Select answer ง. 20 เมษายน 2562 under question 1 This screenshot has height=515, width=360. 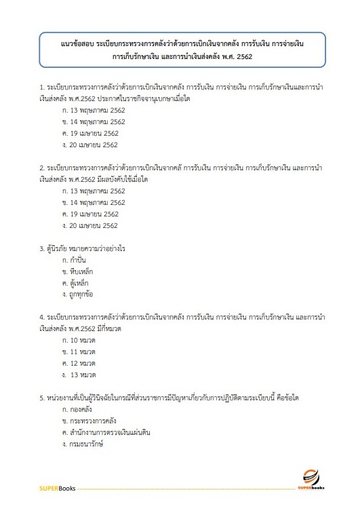[89, 145]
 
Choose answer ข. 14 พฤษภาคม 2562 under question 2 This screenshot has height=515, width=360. [94, 202]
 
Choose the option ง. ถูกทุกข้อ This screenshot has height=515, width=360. [77, 294]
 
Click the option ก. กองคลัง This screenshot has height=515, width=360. [77, 409]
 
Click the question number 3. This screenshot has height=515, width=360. [41, 248]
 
